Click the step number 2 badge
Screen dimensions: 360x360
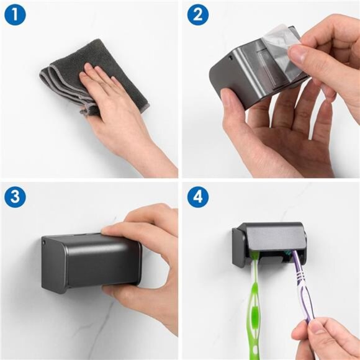[197, 15]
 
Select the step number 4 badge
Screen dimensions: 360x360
[197, 197]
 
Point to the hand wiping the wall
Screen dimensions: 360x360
[118, 112]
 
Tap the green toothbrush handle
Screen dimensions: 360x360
[256, 310]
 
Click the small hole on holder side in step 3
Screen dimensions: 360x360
[44, 243]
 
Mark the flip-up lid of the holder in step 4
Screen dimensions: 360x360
[273, 233]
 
